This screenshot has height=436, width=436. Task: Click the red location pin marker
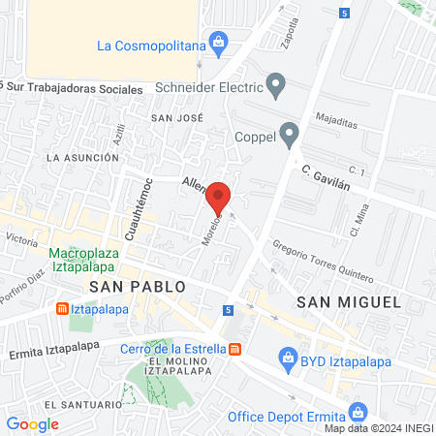(x=219, y=197)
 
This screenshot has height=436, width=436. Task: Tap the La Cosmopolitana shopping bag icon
(x=219, y=43)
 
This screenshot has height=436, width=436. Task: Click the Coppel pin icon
(x=288, y=133)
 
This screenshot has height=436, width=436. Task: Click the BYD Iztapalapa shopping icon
(x=288, y=359)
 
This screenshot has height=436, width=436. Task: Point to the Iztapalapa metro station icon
(x=61, y=309)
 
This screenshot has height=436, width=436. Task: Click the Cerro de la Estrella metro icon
(x=234, y=349)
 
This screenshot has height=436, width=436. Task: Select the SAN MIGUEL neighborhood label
(x=349, y=301)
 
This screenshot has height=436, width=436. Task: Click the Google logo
(x=32, y=423)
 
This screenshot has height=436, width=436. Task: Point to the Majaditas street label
(x=336, y=121)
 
